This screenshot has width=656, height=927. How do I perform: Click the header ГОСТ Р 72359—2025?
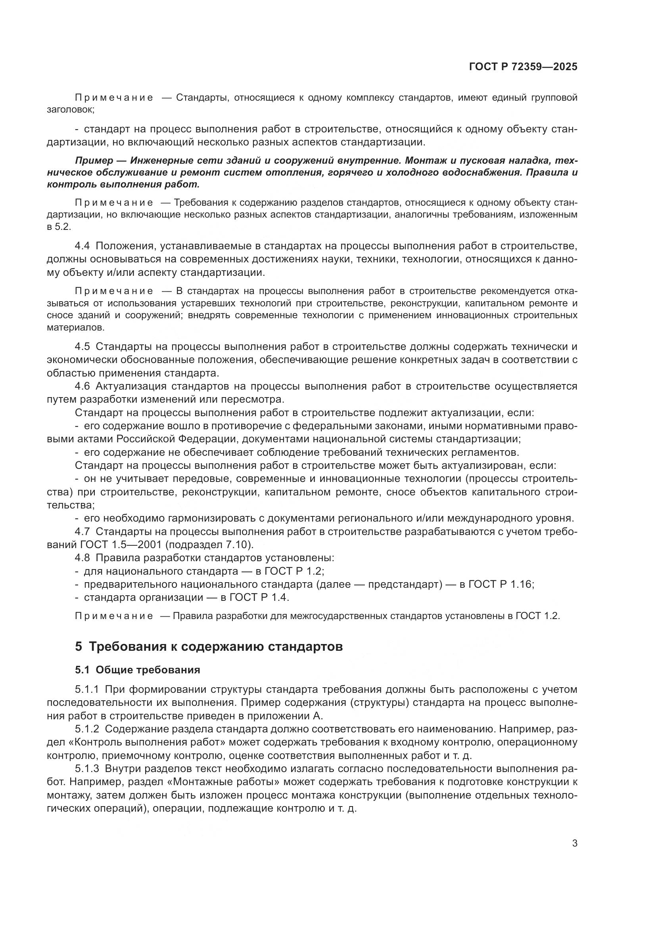tap(523, 67)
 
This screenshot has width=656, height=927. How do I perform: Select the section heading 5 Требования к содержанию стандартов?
tap(209, 646)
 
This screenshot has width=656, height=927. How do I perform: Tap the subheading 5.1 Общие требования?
tap(137, 670)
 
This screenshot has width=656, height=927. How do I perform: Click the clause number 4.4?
tap(82, 246)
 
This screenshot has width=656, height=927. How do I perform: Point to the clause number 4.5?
tap(82, 346)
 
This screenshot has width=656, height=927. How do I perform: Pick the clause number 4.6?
tap(82, 386)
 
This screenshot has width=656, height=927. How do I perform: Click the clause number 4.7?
tap(82, 532)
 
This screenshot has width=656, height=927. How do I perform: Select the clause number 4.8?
tap(82, 558)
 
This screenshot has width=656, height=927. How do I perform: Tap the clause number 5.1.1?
tap(86, 689)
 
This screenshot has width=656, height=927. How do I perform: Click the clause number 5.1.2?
tap(86, 729)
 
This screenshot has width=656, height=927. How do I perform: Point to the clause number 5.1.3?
tap(86, 769)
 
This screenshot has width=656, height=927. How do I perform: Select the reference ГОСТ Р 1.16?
tap(501, 584)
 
